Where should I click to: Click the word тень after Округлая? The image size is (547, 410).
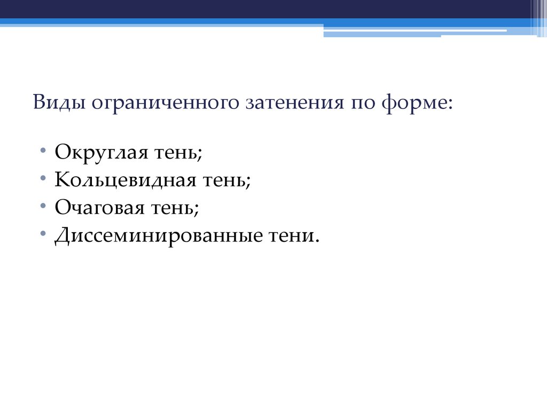(175, 154)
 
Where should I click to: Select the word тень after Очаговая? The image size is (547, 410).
(170, 208)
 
